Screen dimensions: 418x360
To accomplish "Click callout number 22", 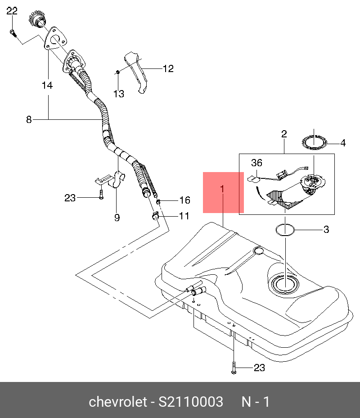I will [12, 11].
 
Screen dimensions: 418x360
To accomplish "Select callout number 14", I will [47, 85].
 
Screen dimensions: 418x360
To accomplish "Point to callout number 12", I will [168, 69].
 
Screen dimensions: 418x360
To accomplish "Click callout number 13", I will [118, 94].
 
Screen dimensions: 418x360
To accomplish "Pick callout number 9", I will [117, 218].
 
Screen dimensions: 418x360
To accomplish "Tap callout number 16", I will [184, 200].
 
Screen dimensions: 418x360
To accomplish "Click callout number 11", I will [184, 216].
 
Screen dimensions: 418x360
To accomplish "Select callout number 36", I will [256, 163].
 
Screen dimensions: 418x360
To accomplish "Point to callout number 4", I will [343, 143].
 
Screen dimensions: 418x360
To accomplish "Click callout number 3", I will [326, 230].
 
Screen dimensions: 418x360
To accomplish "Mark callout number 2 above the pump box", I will [284, 134].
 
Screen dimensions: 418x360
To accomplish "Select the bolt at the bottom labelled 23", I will [234, 368].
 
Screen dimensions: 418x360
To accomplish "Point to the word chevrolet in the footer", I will [117, 402].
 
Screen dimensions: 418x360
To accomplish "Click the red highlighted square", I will [223, 192].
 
